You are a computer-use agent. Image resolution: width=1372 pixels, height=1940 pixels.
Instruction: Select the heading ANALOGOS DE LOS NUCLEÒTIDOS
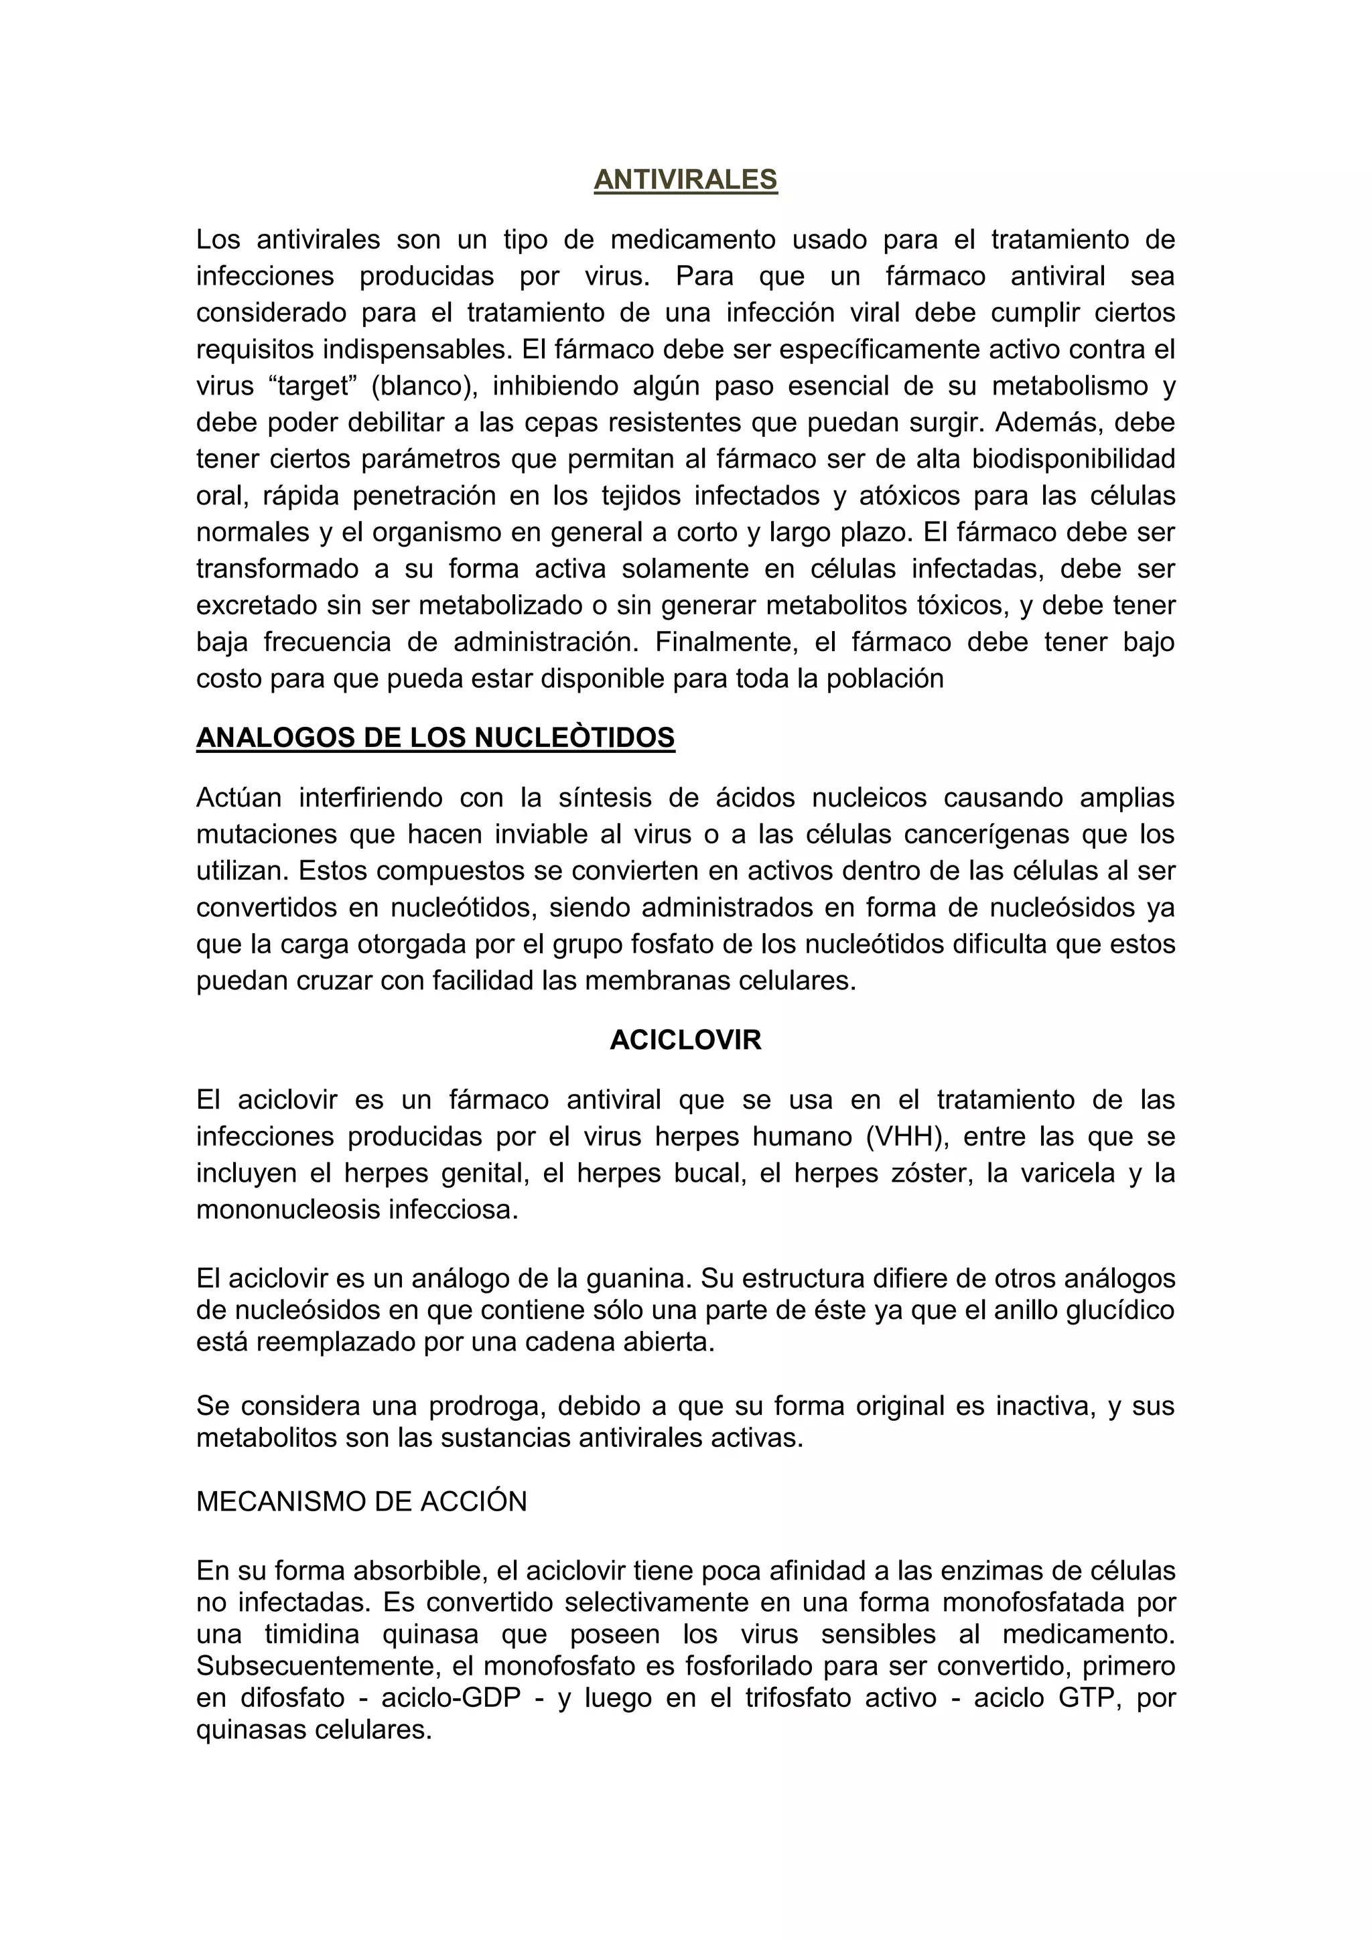(435, 738)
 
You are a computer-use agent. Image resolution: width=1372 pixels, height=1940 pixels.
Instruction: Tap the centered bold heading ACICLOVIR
(685, 1040)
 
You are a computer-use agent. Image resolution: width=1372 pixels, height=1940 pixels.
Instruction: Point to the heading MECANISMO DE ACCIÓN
(362, 1501)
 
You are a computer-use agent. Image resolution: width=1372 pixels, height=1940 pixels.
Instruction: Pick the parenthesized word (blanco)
(424, 386)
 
